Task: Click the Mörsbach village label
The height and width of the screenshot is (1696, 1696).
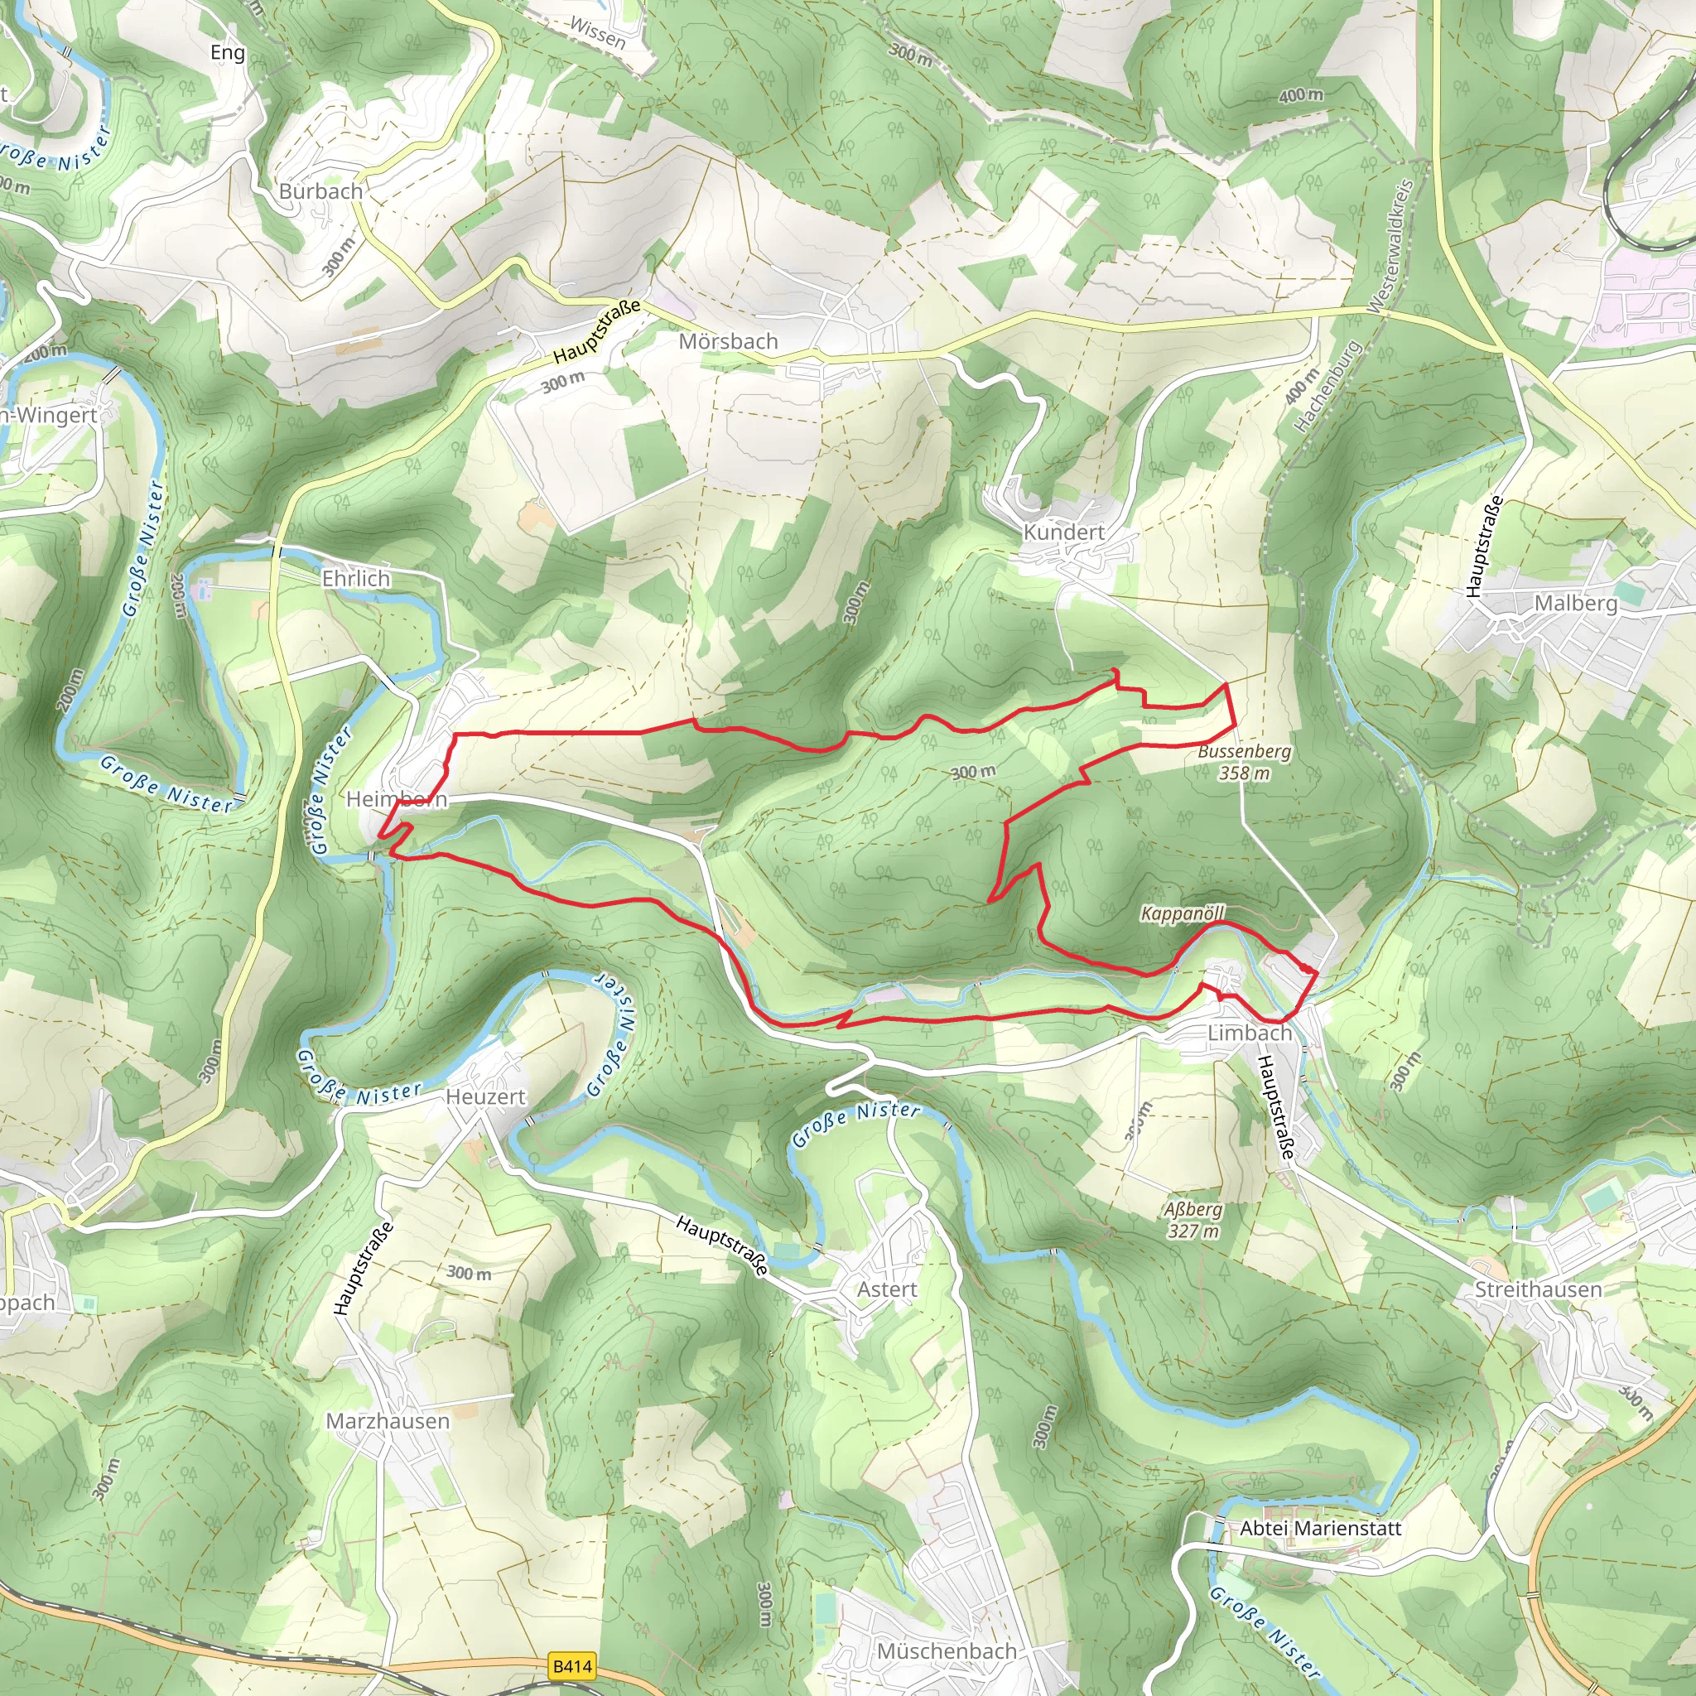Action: coord(728,341)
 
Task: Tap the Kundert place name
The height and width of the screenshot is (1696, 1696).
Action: coord(1063,532)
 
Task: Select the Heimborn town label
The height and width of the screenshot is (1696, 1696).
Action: coord(397,799)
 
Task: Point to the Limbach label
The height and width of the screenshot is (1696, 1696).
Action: coord(1249,1033)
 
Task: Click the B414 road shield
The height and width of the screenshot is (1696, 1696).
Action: coord(572,1665)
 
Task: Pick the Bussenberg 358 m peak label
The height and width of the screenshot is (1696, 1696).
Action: coord(1244,762)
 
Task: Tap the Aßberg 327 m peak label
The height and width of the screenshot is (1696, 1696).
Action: coord(1192,1220)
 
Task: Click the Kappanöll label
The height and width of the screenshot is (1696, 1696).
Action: coord(1182,914)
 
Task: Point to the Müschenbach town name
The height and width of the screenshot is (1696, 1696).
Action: coord(947,1651)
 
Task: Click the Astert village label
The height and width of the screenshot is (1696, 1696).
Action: coord(887,1289)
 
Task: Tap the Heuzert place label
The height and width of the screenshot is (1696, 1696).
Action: coord(485,1097)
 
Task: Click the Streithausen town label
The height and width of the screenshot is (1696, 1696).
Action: coord(1538,1289)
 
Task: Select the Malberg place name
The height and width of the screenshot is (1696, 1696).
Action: coord(1576,604)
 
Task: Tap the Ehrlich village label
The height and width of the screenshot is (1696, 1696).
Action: coord(355,579)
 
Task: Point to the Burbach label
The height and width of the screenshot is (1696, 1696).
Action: coord(320,191)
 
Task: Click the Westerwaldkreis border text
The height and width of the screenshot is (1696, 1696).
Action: coord(1390,246)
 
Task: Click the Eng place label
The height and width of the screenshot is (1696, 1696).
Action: coord(228,53)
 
